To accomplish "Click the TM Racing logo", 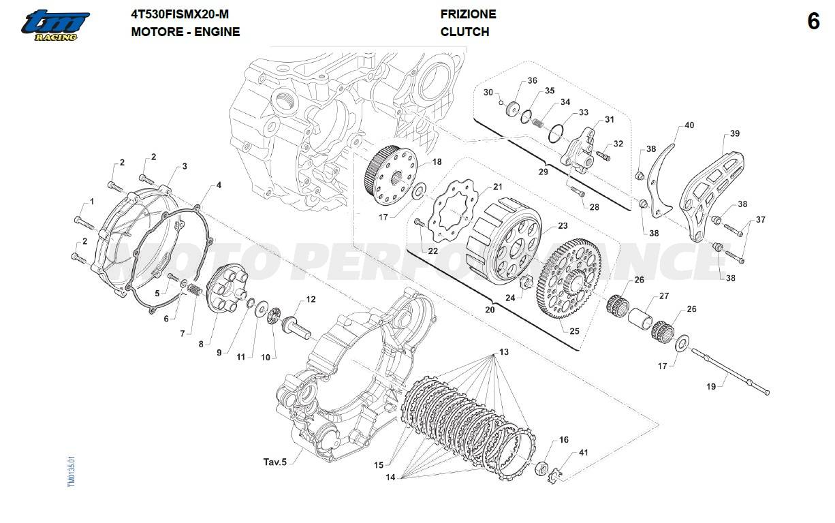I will [x=54, y=25].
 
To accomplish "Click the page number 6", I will [x=813, y=22].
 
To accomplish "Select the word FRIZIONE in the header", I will [x=468, y=14].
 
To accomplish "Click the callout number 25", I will [x=574, y=331].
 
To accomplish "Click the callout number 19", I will [x=711, y=386].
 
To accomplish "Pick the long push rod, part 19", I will [x=729, y=371].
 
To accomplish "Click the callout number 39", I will [x=734, y=133].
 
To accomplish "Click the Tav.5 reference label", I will [x=275, y=462].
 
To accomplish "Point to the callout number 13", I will [x=503, y=352].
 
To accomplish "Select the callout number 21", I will [x=498, y=187].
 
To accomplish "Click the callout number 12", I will [x=311, y=299].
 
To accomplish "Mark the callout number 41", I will [x=564, y=453].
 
